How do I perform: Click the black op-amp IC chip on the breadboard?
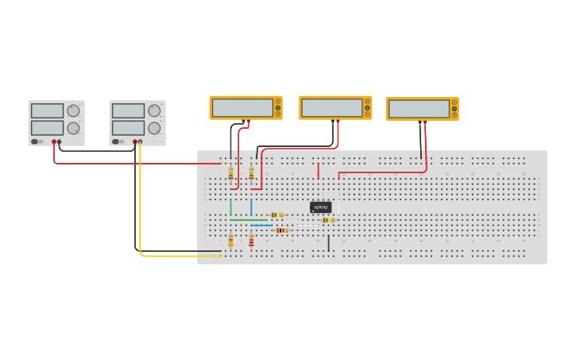[320, 207]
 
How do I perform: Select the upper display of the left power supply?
[47, 110]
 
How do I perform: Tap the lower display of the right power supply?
[128, 128]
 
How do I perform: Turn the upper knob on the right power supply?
[153, 110]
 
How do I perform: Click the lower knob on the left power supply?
[73, 128]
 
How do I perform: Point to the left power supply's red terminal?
[54, 142]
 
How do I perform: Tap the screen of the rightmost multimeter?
[418, 108]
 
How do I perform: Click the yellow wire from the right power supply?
[141, 207]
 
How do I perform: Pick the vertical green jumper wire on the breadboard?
[231, 207]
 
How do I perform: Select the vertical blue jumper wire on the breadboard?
[251, 207]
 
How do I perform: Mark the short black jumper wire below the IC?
[329, 242]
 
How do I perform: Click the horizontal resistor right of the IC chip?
[328, 220]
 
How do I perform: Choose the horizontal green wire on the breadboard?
[248, 220]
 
